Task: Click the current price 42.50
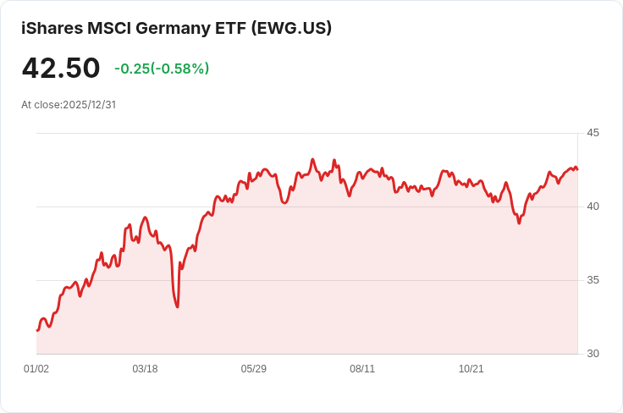point(61,68)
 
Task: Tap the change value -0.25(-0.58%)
point(162,69)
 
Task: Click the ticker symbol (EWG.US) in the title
point(291,28)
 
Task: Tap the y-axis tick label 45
point(593,133)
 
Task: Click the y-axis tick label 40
point(593,206)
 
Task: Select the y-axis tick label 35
point(593,280)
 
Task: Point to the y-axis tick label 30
point(593,354)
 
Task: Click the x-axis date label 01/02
point(36,369)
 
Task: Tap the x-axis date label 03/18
point(145,369)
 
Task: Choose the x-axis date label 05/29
point(254,369)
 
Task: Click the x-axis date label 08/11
point(362,369)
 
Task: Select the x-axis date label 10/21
point(471,369)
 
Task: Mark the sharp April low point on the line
point(177,306)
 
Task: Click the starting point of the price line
point(37,330)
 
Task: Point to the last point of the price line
point(577,169)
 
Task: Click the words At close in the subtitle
point(41,105)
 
